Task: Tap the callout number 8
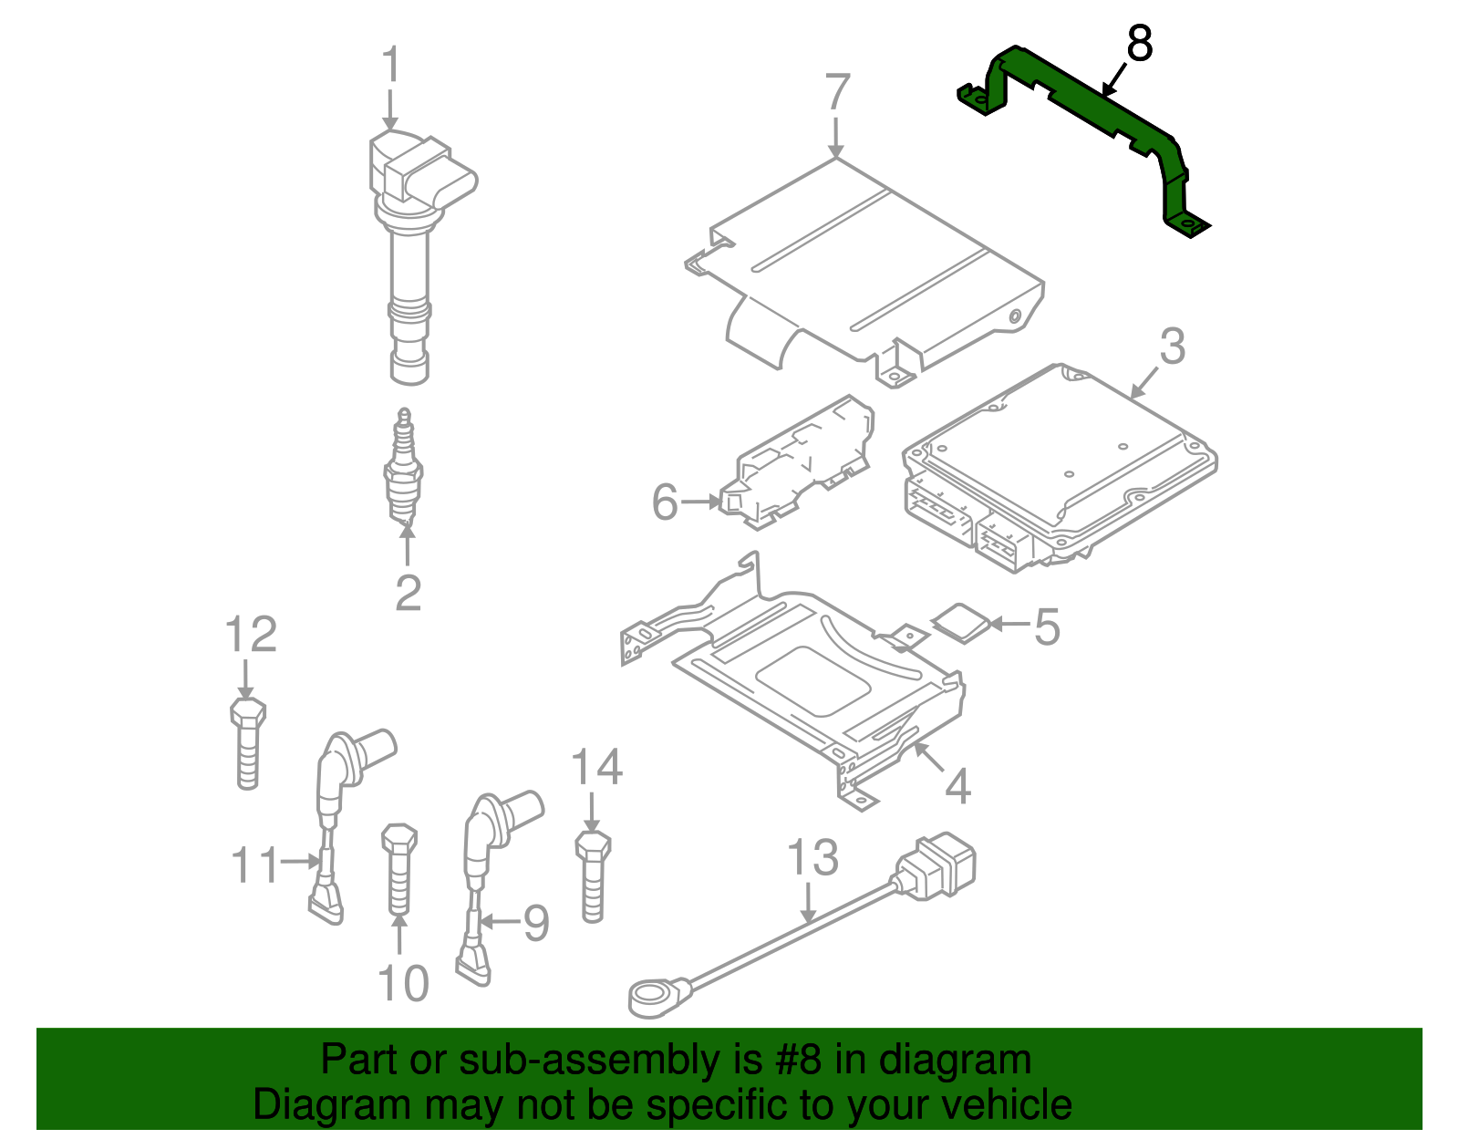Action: pos(1140,44)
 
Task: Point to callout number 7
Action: pos(837,92)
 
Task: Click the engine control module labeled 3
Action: pos(1058,465)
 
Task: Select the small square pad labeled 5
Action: pos(961,622)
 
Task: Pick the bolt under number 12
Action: pos(246,743)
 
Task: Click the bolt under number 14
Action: pos(593,875)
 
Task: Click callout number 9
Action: pos(535,923)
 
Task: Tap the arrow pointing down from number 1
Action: pos(390,109)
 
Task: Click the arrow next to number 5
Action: pos(1008,624)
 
